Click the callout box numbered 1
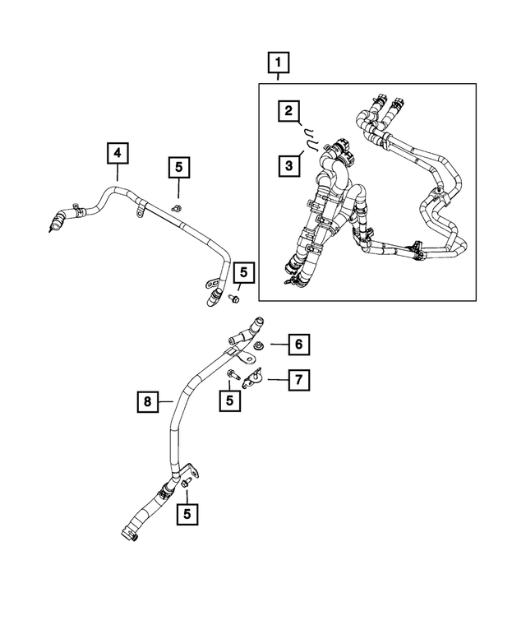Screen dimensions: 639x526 [279, 63]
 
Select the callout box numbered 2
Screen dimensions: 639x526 [287, 110]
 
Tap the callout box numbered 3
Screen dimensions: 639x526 [287, 166]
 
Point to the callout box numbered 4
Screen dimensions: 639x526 [118, 153]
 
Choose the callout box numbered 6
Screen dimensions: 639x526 [298, 344]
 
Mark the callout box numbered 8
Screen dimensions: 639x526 [148, 401]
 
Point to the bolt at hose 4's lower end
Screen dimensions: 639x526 [234, 299]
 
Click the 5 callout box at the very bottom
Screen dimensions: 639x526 [187, 514]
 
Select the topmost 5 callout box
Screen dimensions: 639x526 [178, 168]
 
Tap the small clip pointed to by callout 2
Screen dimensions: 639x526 [307, 132]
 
